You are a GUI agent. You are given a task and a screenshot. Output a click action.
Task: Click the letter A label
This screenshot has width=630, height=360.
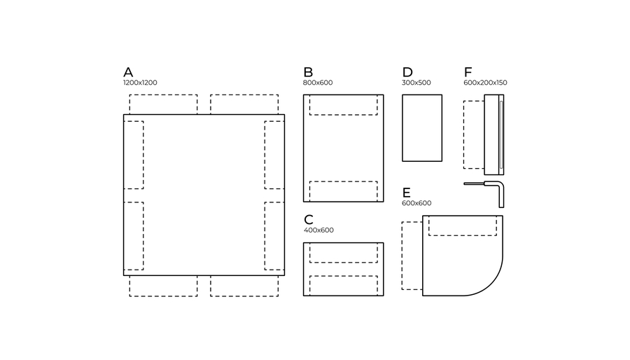point(128,72)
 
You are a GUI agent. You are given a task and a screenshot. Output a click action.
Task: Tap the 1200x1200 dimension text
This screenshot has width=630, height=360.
point(140,83)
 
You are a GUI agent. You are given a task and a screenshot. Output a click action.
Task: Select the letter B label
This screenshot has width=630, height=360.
point(308,72)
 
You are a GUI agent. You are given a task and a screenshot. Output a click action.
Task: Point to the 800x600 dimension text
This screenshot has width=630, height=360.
point(318,83)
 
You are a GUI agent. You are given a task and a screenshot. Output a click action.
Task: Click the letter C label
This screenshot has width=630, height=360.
point(308,220)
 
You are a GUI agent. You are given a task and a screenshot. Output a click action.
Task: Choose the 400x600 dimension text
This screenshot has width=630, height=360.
point(318,230)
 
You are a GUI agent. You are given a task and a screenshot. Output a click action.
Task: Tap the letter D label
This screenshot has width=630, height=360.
point(407,72)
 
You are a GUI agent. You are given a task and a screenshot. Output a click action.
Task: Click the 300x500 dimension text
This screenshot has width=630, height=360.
point(416,83)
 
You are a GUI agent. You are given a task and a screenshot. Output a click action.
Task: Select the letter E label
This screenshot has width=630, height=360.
point(406,193)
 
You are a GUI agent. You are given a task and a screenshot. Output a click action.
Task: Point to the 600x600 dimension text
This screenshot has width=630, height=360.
point(416,203)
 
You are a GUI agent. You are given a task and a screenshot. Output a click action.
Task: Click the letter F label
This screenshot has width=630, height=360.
point(468,72)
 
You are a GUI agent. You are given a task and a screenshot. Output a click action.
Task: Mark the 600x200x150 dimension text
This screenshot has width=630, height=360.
point(485,83)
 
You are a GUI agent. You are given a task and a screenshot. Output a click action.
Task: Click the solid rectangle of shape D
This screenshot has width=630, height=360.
point(422,128)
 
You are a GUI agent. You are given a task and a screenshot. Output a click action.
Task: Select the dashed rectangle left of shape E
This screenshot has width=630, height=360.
point(412,256)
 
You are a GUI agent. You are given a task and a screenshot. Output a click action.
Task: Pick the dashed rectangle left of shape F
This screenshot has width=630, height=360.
point(473,134)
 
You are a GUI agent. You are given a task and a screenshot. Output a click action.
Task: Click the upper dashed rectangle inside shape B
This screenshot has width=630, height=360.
point(343,105)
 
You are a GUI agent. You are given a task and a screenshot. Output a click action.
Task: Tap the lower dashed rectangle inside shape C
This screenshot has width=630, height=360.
point(343,286)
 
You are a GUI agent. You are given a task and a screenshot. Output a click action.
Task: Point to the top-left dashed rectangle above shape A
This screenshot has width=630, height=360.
point(163,104)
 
